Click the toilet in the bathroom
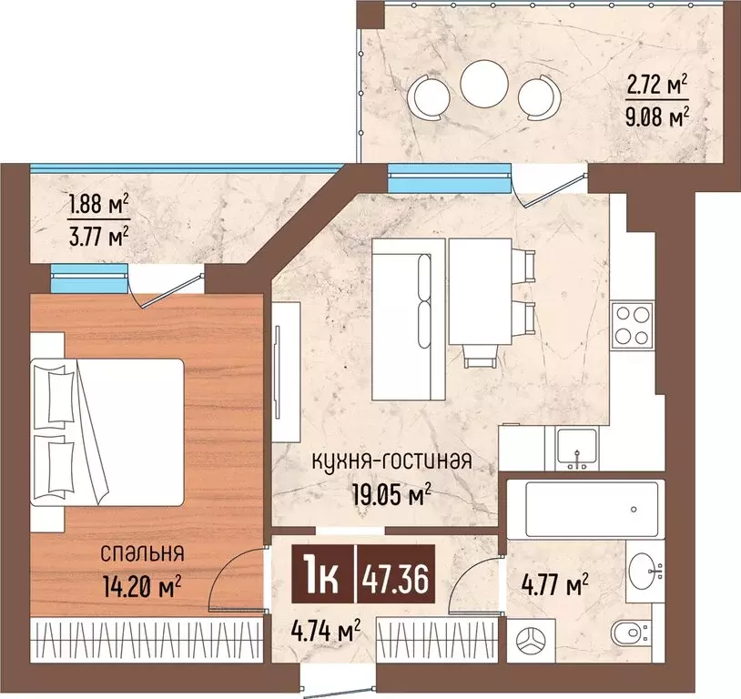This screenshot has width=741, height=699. (631, 633)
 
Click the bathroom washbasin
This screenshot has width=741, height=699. (645, 571)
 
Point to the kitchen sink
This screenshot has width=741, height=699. (577, 447)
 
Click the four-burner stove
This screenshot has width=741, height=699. (633, 325)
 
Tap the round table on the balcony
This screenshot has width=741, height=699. (484, 84)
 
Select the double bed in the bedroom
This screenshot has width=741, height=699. (107, 432)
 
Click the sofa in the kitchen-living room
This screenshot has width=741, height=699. (409, 319)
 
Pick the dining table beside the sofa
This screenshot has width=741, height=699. (480, 291)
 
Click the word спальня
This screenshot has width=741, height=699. (142, 554)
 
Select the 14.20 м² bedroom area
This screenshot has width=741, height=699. (142, 586)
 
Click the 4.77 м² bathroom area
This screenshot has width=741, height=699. (554, 585)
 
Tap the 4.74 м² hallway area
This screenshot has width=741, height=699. (326, 631)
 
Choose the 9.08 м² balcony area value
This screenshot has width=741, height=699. (657, 116)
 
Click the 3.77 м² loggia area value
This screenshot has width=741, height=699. (98, 237)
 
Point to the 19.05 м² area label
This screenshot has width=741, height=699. (391, 494)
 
